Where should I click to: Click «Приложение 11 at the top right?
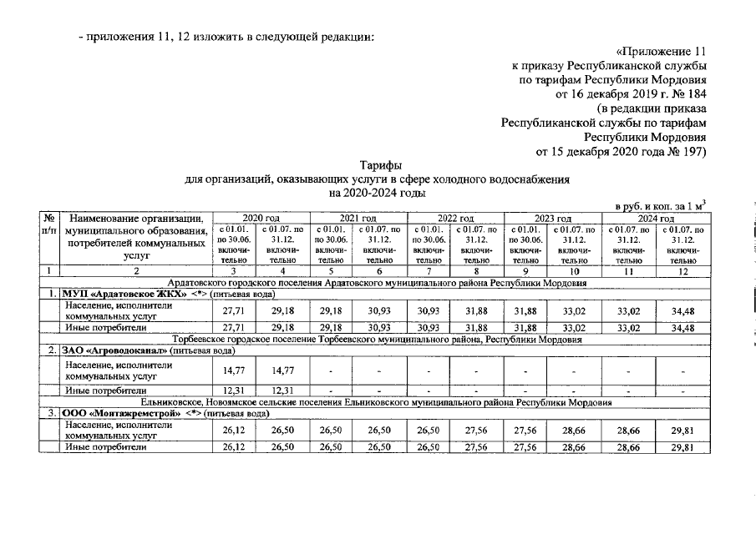pos(653,48)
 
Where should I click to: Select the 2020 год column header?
pos(261,218)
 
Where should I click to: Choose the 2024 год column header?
pos(656,218)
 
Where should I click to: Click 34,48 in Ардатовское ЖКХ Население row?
pos(682,310)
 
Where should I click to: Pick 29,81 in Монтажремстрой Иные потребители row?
pos(682,447)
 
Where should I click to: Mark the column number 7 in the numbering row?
pos(431,270)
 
